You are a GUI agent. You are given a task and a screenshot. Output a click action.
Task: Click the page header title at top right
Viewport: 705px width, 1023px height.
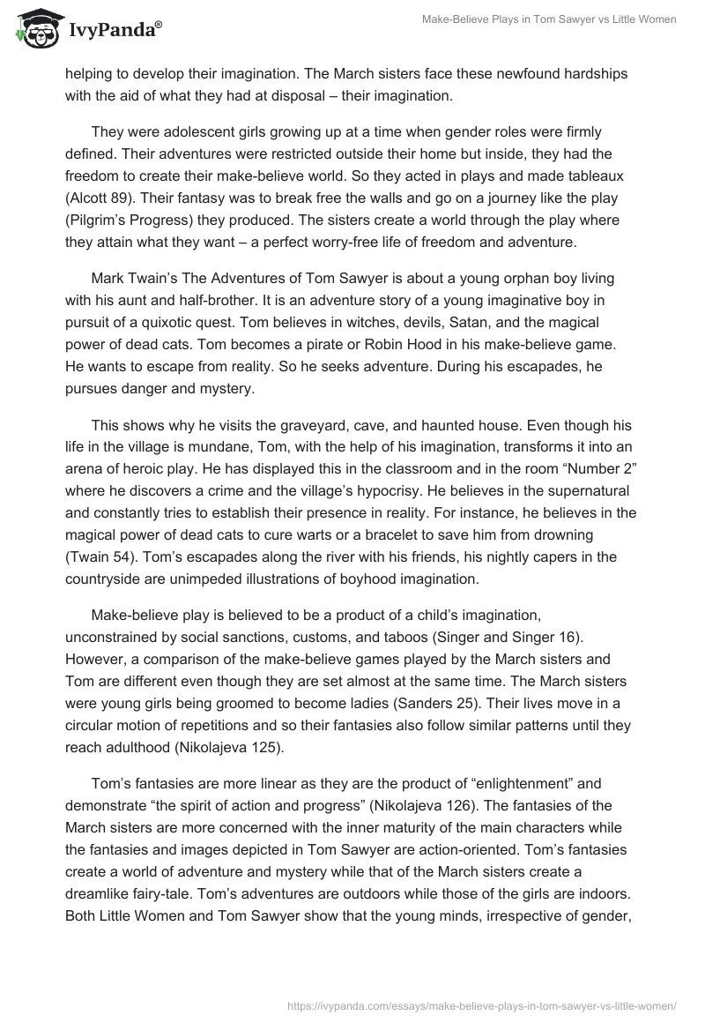pyautogui.click(x=547, y=19)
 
